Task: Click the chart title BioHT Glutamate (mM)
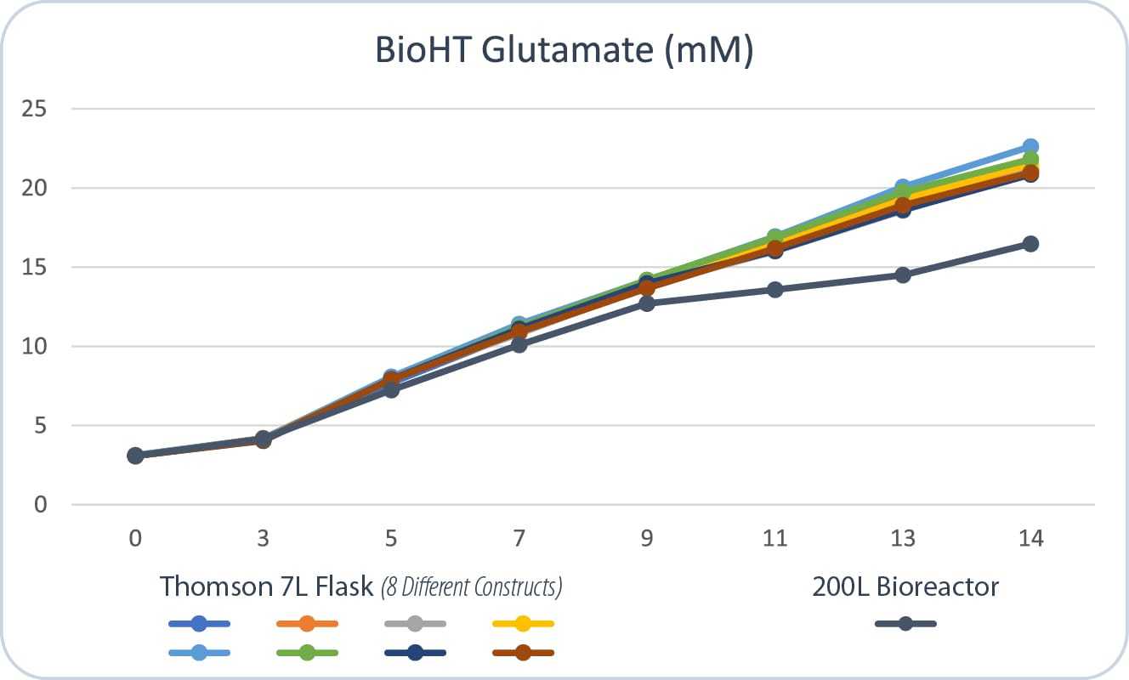pyautogui.click(x=564, y=51)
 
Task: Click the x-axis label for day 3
pyautogui.click(x=264, y=538)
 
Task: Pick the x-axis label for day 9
pyautogui.click(x=647, y=538)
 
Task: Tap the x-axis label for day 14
pyautogui.click(x=1030, y=538)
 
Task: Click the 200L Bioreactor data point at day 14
pyautogui.click(x=1030, y=244)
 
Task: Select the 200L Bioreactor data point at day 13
pyautogui.click(x=903, y=275)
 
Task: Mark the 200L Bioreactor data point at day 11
pyautogui.click(x=775, y=290)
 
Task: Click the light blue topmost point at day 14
pyautogui.click(x=1030, y=147)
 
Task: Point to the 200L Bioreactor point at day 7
pyautogui.click(x=519, y=344)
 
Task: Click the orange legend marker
pyautogui.click(x=308, y=624)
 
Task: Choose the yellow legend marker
pyautogui.click(x=523, y=624)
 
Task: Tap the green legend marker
pyautogui.click(x=308, y=653)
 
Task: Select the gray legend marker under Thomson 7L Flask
pyautogui.click(x=415, y=624)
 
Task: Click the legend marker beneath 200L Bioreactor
pyautogui.click(x=905, y=624)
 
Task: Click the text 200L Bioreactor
pyautogui.click(x=905, y=586)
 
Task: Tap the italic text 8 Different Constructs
pyautogui.click(x=472, y=587)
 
